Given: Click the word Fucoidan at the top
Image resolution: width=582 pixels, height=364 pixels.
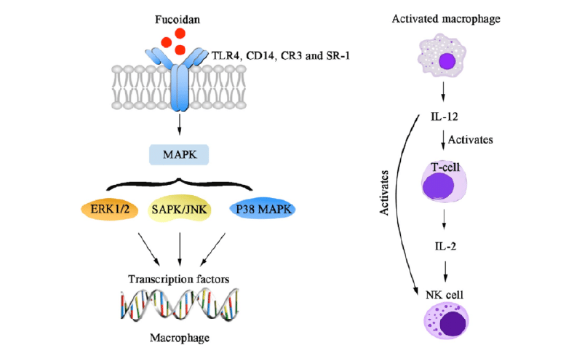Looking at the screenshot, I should (178, 17).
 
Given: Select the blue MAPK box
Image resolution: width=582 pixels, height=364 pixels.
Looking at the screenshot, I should (178, 155).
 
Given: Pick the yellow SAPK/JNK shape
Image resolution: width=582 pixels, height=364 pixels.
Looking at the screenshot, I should (179, 210).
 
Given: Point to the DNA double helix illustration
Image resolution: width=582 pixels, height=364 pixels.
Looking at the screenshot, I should (179, 306).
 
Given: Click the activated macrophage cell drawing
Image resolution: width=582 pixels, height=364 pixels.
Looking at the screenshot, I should (445, 60).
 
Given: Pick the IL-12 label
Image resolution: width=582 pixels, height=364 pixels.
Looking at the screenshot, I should (445, 116).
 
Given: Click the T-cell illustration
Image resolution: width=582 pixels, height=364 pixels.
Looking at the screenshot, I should (445, 181).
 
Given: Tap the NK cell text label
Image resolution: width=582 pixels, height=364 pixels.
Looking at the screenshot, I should (445, 295).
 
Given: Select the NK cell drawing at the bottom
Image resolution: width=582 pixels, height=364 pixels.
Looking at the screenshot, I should (445, 325).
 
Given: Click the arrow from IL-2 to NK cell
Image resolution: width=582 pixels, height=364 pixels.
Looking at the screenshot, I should (445, 271).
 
